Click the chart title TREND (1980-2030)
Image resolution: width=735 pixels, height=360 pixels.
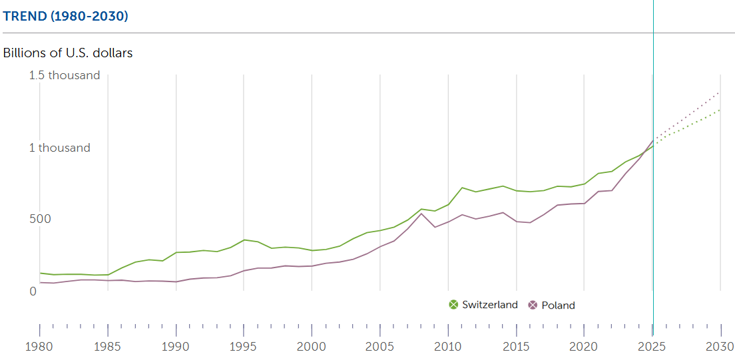click(x=65, y=16)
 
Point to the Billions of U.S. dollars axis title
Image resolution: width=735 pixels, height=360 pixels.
click(x=68, y=53)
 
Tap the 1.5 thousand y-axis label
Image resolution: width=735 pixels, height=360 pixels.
click(x=65, y=75)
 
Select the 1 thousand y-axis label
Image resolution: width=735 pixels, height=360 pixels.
click(x=59, y=148)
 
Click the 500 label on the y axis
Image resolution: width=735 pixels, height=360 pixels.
click(x=40, y=219)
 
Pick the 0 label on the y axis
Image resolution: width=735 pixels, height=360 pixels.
click(x=33, y=291)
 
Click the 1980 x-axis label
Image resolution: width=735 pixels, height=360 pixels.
click(x=40, y=347)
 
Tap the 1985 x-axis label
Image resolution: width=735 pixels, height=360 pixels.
click(x=108, y=347)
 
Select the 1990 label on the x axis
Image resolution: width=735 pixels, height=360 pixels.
click(x=176, y=347)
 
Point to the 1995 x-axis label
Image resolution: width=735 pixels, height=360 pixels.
click(x=244, y=347)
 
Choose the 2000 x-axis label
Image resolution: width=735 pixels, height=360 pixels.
click(x=312, y=347)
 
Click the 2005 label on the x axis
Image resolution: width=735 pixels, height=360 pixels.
click(x=379, y=347)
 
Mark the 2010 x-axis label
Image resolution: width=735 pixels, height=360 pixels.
click(x=448, y=347)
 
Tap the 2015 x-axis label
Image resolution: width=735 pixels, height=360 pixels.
click(x=516, y=347)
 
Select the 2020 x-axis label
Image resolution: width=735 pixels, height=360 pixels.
click(x=584, y=347)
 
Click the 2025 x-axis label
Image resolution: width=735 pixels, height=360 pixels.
click(x=652, y=347)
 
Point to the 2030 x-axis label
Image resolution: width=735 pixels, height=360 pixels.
click(x=719, y=347)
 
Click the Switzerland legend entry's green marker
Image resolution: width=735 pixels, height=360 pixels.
click(x=454, y=305)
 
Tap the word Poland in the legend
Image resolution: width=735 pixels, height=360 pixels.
click(x=558, y=305)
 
